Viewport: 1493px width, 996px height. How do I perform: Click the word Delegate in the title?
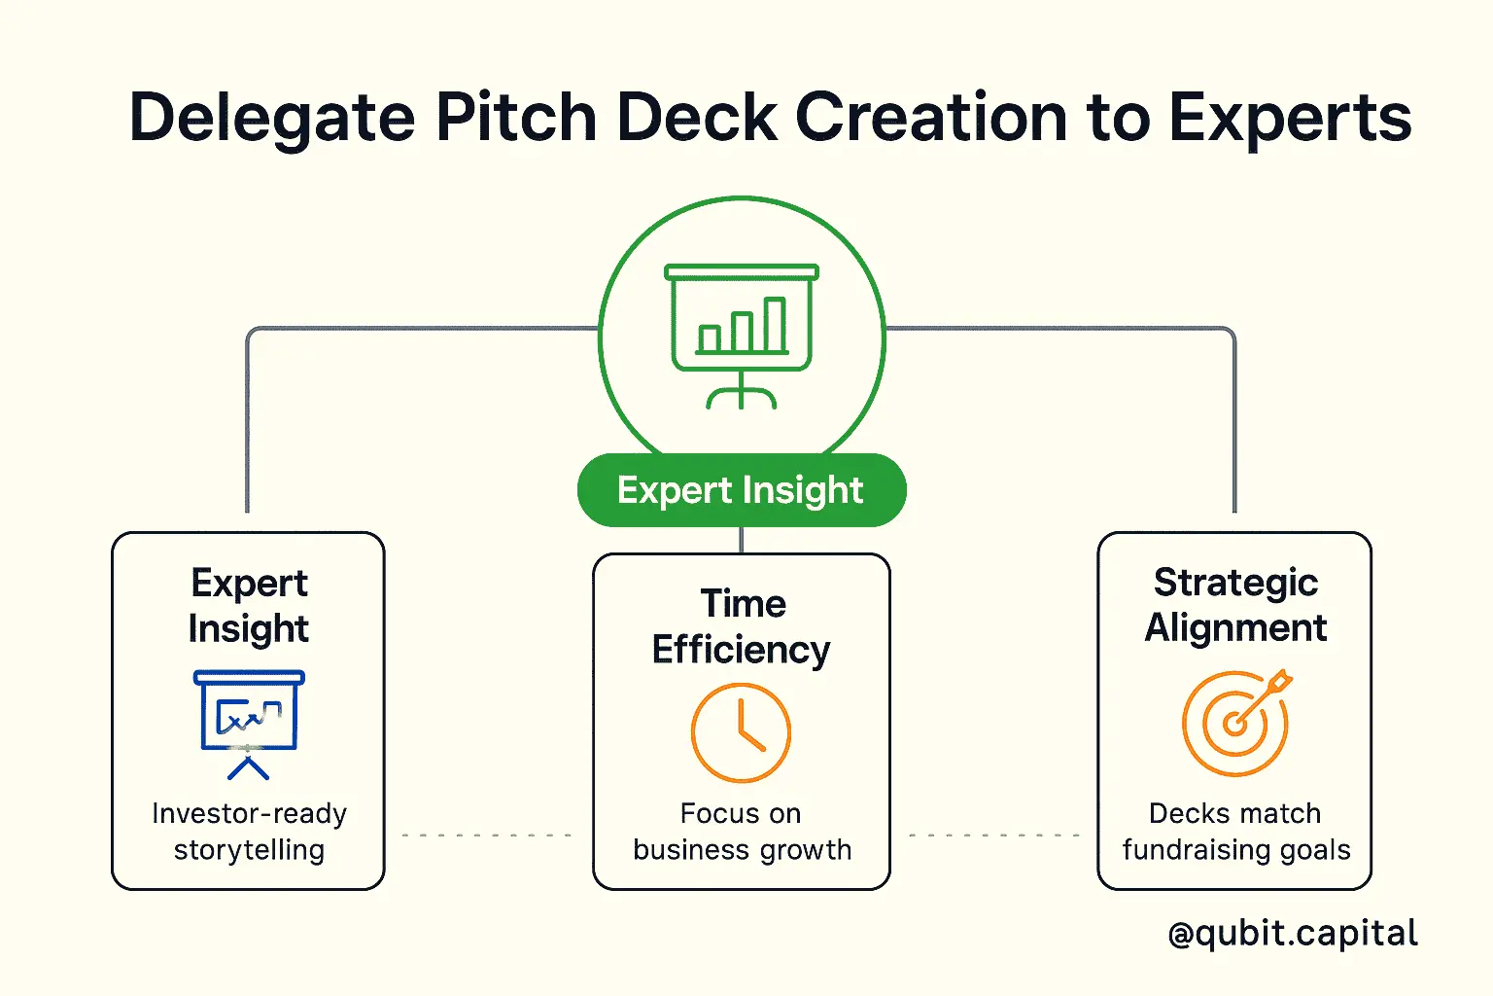pos(272,120)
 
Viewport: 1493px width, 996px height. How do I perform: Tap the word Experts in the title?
pos(1290,120)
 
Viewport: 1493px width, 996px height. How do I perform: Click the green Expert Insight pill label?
pos(742,490)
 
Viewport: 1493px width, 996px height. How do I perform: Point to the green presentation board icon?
pos(742,336)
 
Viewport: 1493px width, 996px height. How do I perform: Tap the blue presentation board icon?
pos(249,725)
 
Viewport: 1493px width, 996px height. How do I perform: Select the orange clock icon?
pos(742,732)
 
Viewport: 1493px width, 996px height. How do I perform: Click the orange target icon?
pos(1236,723)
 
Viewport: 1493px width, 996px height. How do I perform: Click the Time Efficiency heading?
pos(742,626)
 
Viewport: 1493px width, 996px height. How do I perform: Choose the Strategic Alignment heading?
pos(1235,605)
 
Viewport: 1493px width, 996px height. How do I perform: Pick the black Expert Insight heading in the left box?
pos(249,606)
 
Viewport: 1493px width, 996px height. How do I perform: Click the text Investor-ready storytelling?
pos(249,832)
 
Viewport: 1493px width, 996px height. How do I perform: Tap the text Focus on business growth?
pos(742,832)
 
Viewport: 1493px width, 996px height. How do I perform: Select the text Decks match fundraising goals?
pos(1236,832)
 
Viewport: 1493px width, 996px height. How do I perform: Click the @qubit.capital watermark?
pos(1293,933)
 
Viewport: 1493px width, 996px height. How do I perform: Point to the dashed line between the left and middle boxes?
pos(487,835)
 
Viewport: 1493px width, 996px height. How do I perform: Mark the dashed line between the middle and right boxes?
pos(993,835)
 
